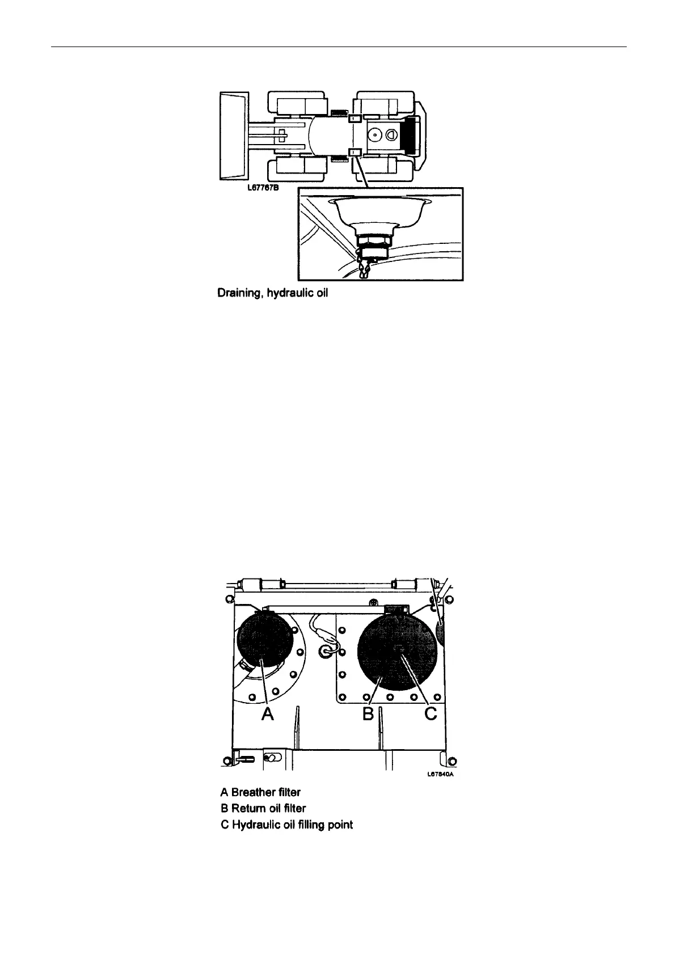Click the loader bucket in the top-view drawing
[x=232, y=136]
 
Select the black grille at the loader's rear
[x=409, y=136]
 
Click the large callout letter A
[x=268, y=714]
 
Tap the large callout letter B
[x=368, y=714]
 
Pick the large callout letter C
[x=431, y=714]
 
